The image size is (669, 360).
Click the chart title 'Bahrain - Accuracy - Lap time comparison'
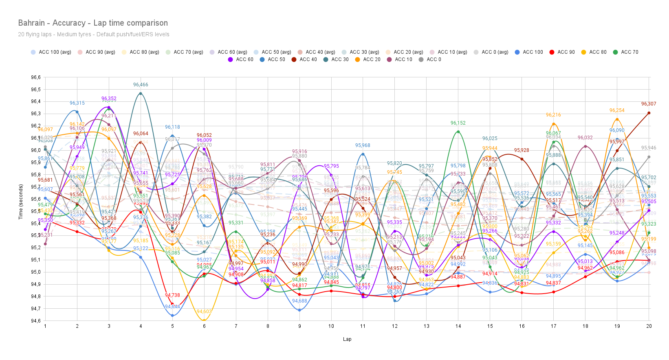(x=93, y=23)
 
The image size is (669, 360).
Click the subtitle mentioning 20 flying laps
(x=93, y=35)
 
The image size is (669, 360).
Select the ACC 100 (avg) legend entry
(x=51, y=52)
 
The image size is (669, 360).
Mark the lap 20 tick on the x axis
(x=649, y=326)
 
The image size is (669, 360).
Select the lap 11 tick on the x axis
(x=363, y=326)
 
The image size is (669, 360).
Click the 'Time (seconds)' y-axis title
(x=20, y=202)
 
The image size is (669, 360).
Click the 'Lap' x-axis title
(x=347, y=339)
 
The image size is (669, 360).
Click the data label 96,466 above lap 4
(x=141, y=85)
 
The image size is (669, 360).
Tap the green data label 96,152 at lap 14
(x=458, y=123)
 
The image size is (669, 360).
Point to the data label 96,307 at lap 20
(x=649, y=104)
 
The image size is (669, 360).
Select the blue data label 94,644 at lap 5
(x=172, y=307)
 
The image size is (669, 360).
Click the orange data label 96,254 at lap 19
(x=617, y=110)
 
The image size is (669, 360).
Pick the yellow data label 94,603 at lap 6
(x=204, y=312)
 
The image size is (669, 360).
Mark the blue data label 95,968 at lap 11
(x=363, y=145)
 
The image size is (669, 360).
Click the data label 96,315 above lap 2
(x=77, y=103)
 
